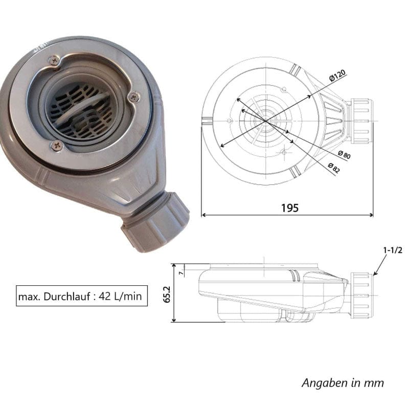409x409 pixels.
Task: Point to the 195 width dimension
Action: (289, 208)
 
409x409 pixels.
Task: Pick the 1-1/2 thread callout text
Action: (393, 250)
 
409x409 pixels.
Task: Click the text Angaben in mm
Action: (342, 382)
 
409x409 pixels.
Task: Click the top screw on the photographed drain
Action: (54, 61)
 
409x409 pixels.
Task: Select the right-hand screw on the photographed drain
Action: (134, 96)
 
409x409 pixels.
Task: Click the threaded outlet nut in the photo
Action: (155, 221)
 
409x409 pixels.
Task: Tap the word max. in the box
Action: (29, 296)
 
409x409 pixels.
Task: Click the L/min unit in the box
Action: (130, 296)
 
